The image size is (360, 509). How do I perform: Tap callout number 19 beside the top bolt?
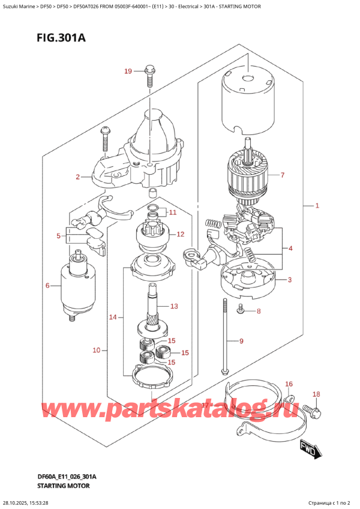pyautogui.click(x=127, y=72)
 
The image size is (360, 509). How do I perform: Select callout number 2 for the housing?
pyautogui.click(x=77, y=177)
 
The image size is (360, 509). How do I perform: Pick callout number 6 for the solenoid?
pyautogui.click(x=47, y=285)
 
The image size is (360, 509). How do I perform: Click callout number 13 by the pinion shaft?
pyautogui.click(x=173, y=306)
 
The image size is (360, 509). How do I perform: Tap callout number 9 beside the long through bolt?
pyautogui.click(x=241, y=342)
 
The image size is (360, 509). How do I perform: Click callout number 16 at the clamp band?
pyautogui.click(x=289, y=384)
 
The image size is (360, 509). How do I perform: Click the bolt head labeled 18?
pyautogui.click(x=313, y=412)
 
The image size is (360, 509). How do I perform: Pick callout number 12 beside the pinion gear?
pyautogui.click(x=179, y=233)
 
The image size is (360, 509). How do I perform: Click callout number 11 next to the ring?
pyautogui.click(x=173, y=212)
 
